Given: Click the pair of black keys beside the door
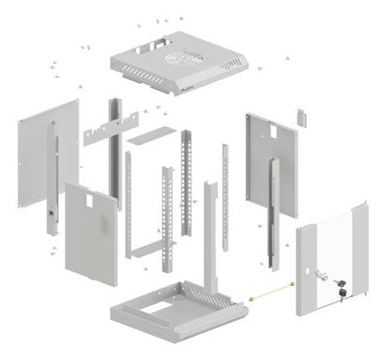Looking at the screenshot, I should pos(340,289).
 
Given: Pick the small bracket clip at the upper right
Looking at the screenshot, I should pos(302,118).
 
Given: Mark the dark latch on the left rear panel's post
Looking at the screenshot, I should pos(51,216).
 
